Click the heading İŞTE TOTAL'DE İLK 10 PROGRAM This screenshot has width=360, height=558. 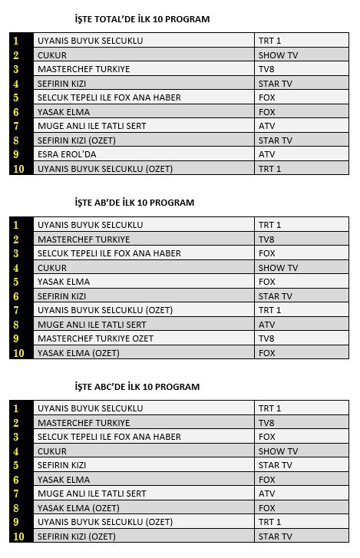(x=142, y=18)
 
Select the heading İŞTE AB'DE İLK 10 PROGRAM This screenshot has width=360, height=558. (x=134, y=203)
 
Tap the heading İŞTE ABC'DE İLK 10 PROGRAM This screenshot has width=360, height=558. (x=137, y=387)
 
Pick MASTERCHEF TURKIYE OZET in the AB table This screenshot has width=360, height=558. (x=95, y=338)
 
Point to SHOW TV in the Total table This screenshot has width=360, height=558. (x=278, y=55)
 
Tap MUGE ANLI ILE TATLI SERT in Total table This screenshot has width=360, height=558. (x=91, y=126)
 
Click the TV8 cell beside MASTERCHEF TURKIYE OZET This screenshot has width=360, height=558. (x=266, y=338)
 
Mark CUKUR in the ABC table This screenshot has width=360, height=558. (x=51, y=451)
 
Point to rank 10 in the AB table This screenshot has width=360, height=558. (x=18, y=353)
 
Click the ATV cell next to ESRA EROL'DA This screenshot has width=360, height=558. (x=266, y=154)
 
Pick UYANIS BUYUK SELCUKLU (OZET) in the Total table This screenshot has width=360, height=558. (x=105, y=169)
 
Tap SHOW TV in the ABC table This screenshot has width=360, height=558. (x=278, y=451)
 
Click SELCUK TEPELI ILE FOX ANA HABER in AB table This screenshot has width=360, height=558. (x=109, y=253)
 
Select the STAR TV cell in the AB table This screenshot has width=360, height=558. (x=276, y=296)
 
